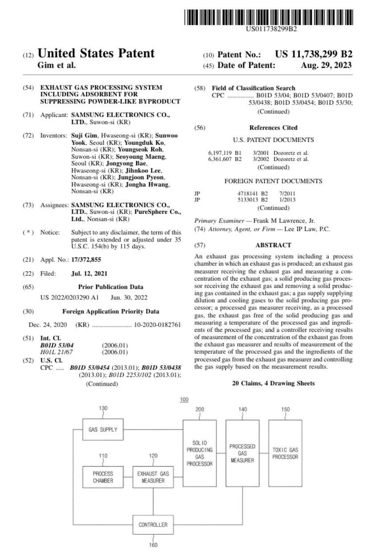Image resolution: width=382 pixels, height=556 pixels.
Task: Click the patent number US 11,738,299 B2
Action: [313, 54]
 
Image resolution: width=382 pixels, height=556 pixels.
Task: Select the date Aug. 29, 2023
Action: [326, 65]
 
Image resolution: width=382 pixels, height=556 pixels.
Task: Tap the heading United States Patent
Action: [96, 54]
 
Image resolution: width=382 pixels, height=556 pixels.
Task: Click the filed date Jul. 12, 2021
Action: [89, 273]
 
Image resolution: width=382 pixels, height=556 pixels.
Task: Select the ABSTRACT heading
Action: [273, 245]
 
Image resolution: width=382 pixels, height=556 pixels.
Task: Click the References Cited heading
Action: [273, 127]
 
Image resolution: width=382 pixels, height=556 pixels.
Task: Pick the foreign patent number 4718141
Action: [248, 193]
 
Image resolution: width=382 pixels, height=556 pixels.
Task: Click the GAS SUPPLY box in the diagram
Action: [103, 429]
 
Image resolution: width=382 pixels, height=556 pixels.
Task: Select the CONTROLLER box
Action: [153, 525]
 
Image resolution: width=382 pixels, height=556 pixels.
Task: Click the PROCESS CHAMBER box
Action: [103, 477]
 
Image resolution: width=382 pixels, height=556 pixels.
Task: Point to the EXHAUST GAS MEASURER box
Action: [153, 477]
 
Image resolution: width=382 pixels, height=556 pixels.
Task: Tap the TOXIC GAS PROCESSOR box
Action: [285, 453]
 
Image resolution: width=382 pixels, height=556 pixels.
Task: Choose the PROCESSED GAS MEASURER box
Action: [242, 453]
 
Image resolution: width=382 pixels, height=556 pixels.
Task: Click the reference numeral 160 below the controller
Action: [153, 544]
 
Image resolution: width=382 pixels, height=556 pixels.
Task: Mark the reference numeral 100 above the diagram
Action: [184, 399]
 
